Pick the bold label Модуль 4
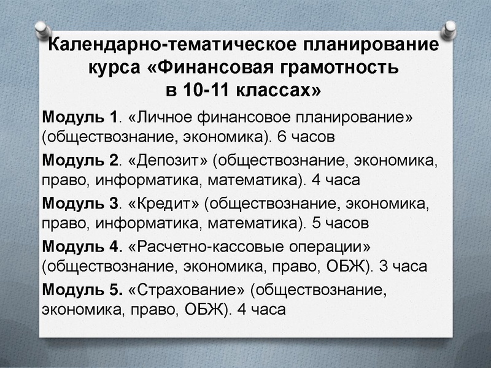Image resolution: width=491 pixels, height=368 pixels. point(79,247)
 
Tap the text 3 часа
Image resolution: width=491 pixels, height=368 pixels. point(408,267)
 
